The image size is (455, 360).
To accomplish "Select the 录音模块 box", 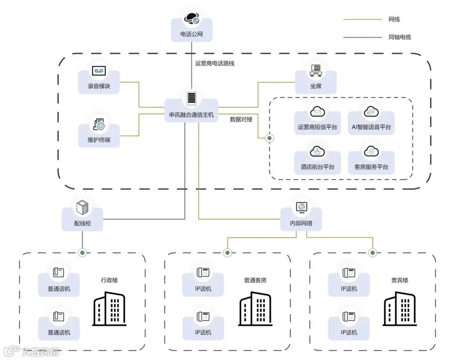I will click(x=99, y=82).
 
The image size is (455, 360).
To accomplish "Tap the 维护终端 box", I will click(x=99, y=135).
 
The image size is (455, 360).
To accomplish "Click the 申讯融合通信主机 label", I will click(x=191, y=115).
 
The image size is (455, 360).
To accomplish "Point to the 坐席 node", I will click(x=316, y=82).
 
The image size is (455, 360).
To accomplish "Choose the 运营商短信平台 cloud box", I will click(x=317, y=123).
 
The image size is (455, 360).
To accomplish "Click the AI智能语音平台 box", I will click(x=371, y=123).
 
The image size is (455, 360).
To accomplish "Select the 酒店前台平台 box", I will click(x=317, y=163).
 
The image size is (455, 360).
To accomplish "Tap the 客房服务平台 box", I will click(x=371, y=163).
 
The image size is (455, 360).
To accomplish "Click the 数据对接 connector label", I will click(x=241, y=119).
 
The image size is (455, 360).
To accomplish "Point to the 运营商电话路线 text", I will click(x=214, y=64).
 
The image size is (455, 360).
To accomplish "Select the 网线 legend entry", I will click(x=394, y=19).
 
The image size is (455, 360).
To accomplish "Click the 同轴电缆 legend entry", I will click(x=399, y=37).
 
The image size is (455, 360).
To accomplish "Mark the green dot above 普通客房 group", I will click(x=227, y=253).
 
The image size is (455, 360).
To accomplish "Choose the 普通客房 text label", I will click(x=255, y=280).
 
